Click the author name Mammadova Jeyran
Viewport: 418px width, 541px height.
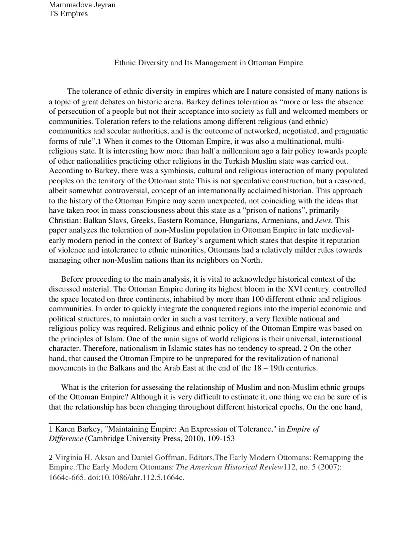click(x=82, y=5)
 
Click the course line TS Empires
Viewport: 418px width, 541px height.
click(x=68, y=14)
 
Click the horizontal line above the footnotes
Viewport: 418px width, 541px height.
click(x=102, y=423)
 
